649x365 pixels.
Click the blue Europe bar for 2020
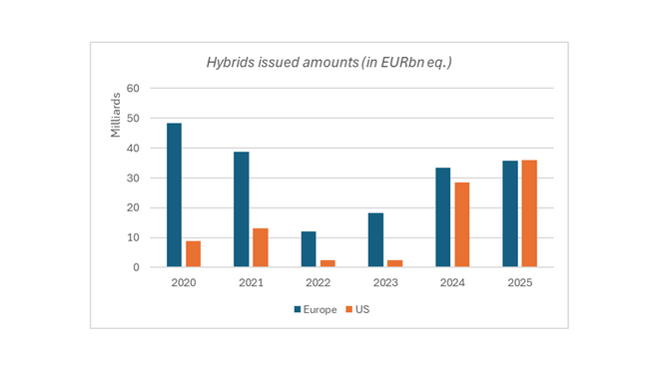click(174, 195)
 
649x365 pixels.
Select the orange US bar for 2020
click(193, 253)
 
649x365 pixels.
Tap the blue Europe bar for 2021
click(242, 209)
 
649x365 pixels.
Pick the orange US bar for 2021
click(260, 247)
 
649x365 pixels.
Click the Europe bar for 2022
click(309, 249)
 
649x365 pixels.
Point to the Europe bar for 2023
click(375, 240)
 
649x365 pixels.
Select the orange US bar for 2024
click(462, 224)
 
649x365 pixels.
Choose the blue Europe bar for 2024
click(443, 217)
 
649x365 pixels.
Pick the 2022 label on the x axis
click(318, 284)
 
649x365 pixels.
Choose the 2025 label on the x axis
click(519, 284)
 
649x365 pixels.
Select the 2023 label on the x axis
click(384, 284)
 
